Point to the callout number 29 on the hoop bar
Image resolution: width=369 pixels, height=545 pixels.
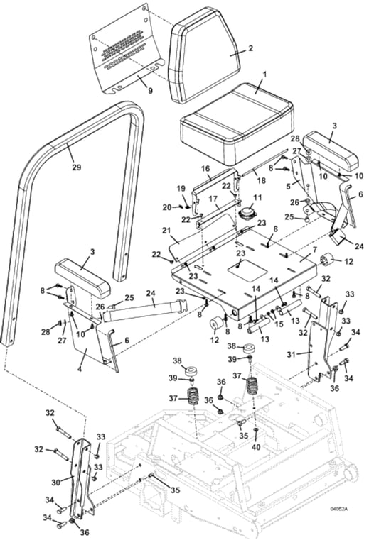coord(77,167)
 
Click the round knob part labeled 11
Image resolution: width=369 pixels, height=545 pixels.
coord(248,214)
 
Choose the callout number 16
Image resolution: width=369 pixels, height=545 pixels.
coord(205,169)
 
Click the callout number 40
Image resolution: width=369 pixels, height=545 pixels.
coord(257,448)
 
